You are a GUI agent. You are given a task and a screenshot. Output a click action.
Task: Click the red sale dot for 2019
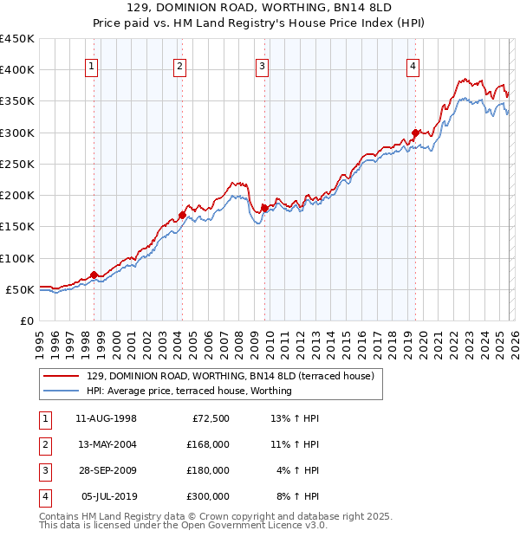point(416,133)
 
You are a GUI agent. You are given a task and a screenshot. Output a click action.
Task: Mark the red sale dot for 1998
point(94,275)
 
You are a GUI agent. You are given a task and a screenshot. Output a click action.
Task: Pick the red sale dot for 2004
point(183,215)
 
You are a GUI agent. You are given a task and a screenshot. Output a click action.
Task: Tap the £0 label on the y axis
point(26,320)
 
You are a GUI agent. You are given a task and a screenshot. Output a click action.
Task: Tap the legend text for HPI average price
point(189,391)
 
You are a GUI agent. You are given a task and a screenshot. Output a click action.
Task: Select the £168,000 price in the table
point(208,444)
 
